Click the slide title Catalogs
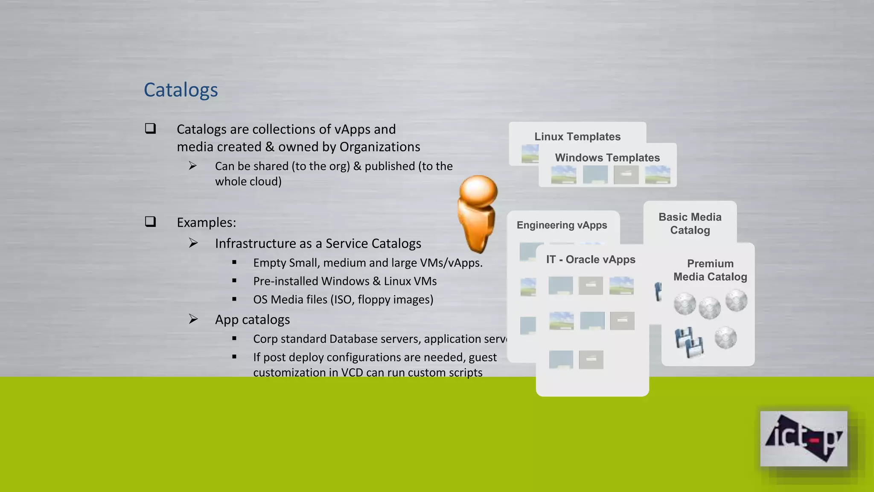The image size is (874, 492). [x=181, y=90]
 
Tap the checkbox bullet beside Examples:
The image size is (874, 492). [x=150, y=222]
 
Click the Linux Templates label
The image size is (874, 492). [x=577, y=137]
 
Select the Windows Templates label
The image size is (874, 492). [x=607, y=158]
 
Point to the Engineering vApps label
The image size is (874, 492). [x=562, y=225]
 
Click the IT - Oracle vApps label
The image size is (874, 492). [x=591, y=260]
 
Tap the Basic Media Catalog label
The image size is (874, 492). [x=690, y=223]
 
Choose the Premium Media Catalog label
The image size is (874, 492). [x=710, y=270]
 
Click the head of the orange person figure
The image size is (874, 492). [x=478, y=191]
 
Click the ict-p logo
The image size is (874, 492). [x=803, y=439]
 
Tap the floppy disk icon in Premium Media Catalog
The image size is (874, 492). [x=689, y=342]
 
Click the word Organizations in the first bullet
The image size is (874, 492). [x=379, y=147]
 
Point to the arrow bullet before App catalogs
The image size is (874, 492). [x=193, y=319]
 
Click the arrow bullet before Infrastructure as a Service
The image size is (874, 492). [x=193, y=243]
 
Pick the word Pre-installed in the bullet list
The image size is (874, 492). [x=286, y=281]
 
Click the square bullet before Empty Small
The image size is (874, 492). [x=234, y=262]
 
